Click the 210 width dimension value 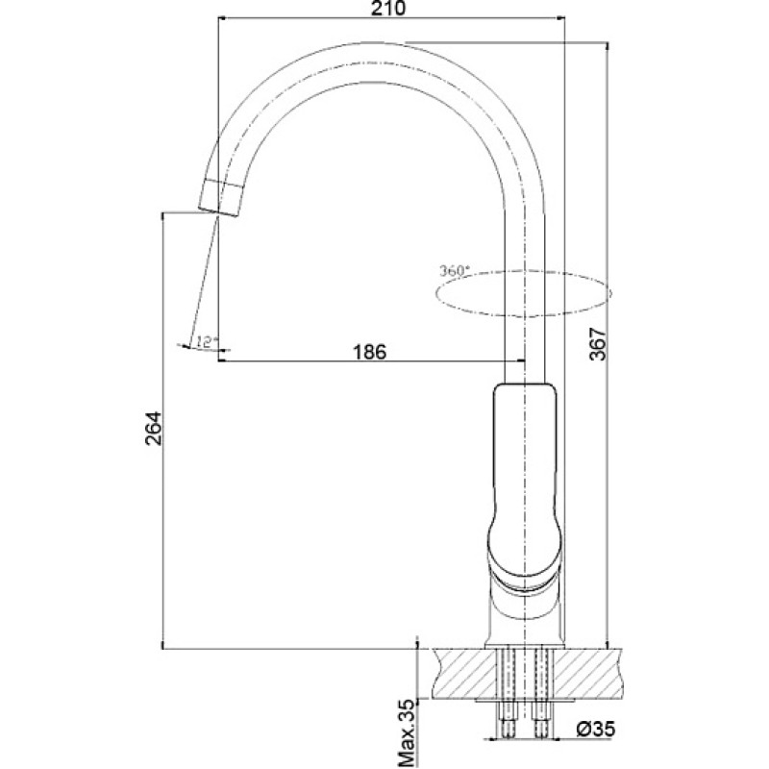(388, 9)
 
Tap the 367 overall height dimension (598, 345)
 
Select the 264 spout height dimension (153, 428)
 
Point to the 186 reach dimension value (369, 352)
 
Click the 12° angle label (206, 341)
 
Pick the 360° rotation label (454, 271)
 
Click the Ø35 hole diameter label (595, 730)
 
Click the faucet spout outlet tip (219, 211)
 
